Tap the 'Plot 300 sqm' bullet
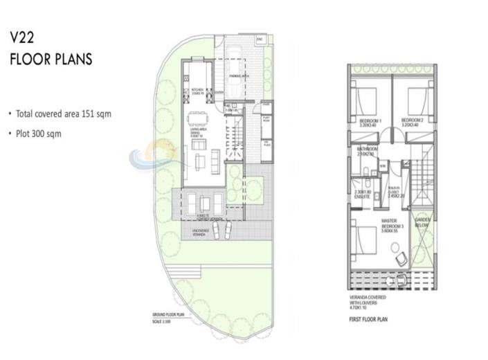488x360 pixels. click(x=39, y=134)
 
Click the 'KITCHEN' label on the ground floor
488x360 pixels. click(x=196, y=90)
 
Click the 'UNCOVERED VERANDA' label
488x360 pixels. click(x=197, y=231)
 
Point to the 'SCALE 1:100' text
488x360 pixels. click(x=162, y=320)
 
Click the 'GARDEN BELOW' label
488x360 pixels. click(x=423, y=223)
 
